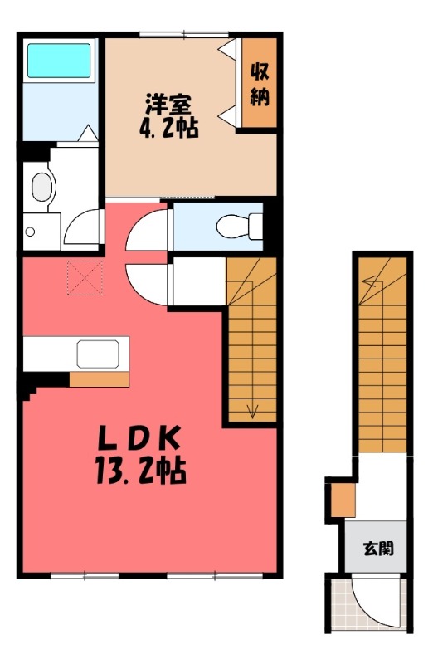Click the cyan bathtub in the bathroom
pyautogui.click(x=59, y=60)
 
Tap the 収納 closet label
pyautogui.click(x=259, y=85)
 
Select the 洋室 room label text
pyautogui.click(x=168, y=105)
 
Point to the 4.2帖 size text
pyautogui.click(x=169, y=128)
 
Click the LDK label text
pyautogui.click(x=139, y=438)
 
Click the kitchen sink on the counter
pyautogui.click(x=98, y=354)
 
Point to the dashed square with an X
pyautogui.click(x=85, y=278)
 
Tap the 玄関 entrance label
pyautogui.click(x=378, y=549)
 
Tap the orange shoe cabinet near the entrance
pyautogui.click(x=343, y=500)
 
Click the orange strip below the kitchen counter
pyautogui.click(x=99, y=379)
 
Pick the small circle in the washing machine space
pyautogui.click(x=30, y=232)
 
